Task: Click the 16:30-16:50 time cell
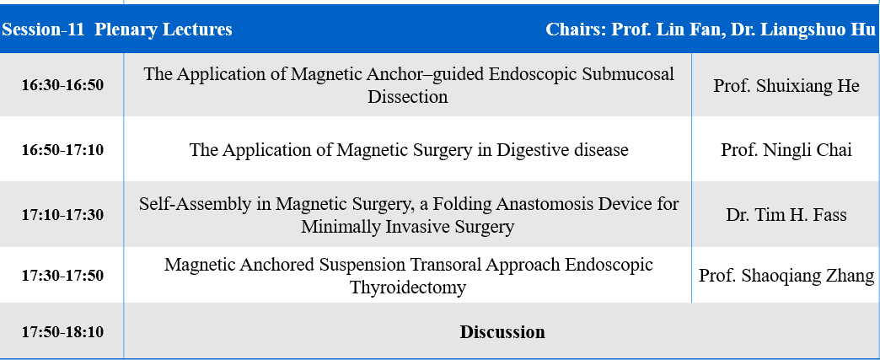pyautogui.click(x=62, y=85)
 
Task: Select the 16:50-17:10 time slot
pyautogui.click(x=62, y=150)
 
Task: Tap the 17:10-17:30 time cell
pyautogui.click(x=62, y=214)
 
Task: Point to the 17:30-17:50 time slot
pyautogui.click(x=62, y=276)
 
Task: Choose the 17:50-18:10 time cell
pyautogui.click(x=62, y=332)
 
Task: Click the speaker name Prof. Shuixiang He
pyautogui.click(x=786, y=85)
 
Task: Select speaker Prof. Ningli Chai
pyautogui.click(x=786, y=150)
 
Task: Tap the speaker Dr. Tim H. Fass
pyautogui.click(x=786, y=214)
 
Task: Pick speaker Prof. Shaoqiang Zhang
pyautogui.click(x=786, y=276)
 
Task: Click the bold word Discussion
pyautogui.click(x=502, y=332)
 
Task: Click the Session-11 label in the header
pyautogui.click(x=43, y=30)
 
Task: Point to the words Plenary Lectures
pyautogui.click(x=164, y=30)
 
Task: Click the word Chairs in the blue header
pyautogui.click(x=575, y=30)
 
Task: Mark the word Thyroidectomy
pyautogui.click(x=408, y=287)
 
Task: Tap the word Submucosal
pyautogui.click(x=628, y=74)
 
